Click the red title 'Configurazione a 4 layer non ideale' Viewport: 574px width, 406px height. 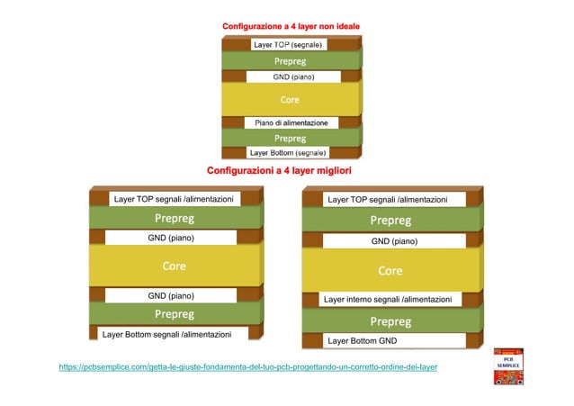coord(291,26)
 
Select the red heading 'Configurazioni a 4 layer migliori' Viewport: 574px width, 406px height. coord(279,171)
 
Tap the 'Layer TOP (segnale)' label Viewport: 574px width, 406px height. coord(289,45)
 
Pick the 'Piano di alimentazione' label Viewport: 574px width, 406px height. coord(291,122)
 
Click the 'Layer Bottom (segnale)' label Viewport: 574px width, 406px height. coord(288,153)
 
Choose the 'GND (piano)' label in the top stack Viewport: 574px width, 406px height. coord(293,77)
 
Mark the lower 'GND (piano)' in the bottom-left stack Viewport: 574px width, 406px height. coord(171,295)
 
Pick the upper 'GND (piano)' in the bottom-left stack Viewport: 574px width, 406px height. coord(171,238)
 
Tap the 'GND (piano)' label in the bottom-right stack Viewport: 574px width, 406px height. coord(394,241)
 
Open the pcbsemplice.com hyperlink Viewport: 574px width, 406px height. coord(248,367)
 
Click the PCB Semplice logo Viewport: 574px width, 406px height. coord(508,366)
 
